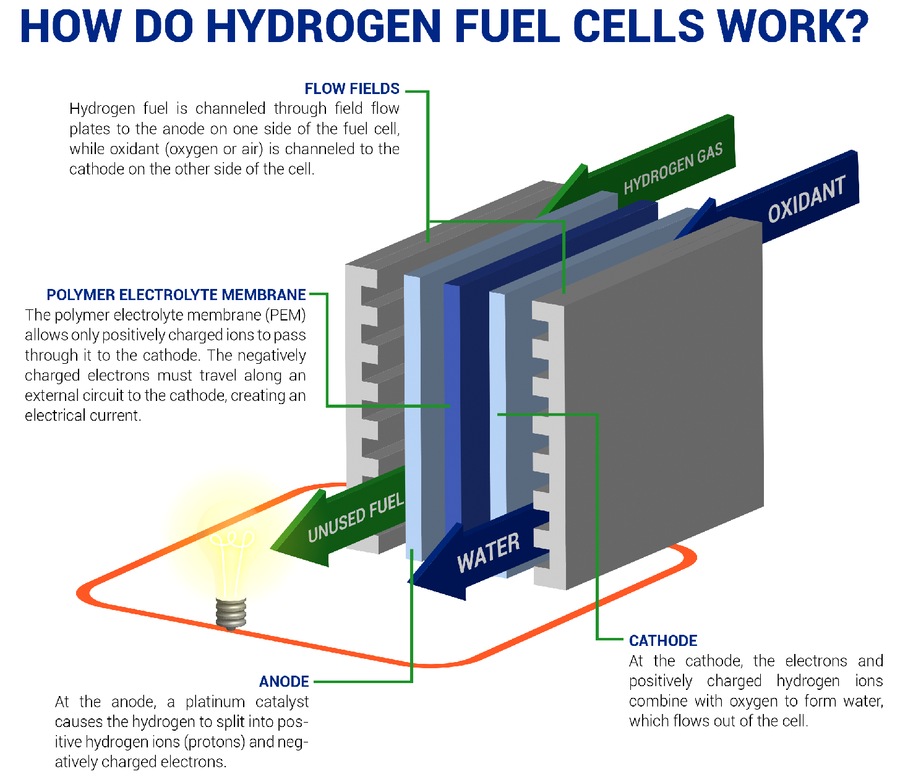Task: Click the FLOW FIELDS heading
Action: click(352, 89)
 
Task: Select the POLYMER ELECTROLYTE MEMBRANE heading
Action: click(176, 295)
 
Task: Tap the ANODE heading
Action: click(284, 681)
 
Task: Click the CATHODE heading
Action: click(663, 641)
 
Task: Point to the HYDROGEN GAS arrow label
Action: click(673, 168)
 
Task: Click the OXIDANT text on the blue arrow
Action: click(807, 199)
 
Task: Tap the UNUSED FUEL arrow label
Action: click(356, 518)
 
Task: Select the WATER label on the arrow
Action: click(488, 553)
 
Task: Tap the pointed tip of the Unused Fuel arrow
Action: click(271, 548)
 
